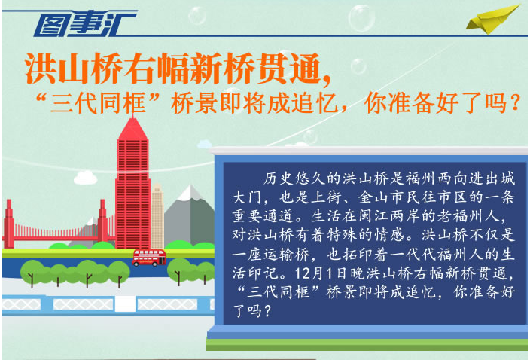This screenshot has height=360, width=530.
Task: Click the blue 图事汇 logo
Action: pyautogui.click(x=84, y=23)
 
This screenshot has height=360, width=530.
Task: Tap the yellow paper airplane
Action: pyautogui.click(x=492, y=20)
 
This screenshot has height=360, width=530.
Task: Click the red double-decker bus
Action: pyautogui.click(x=149, y=258)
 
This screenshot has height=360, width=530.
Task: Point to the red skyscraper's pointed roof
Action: pyautogui.click(x=132, y=130)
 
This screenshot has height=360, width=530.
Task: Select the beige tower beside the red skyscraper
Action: pyautogui.click(x=157, y=215)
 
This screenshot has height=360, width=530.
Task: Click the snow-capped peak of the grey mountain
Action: pyautogui.click(x=191, y=193)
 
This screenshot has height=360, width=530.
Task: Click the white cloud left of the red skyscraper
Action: pyautogui.click(x=86, y=178)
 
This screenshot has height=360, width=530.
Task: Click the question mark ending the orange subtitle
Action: pyautogui.click(x=515, y=102)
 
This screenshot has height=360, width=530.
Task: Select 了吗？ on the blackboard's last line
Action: pyautogui.click(x=252, y=310)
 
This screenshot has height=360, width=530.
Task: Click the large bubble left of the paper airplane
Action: pyautogui.click(x=361, y=18)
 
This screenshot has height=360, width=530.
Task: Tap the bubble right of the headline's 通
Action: pyautogui.click(x=358, y=66)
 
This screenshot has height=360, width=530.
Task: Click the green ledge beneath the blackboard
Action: pyautogui.click(x=367, y=344)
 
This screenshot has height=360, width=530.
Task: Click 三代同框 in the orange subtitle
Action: pyautogui.click(x=98, y=102)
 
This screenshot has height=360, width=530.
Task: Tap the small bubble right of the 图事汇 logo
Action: pyautogui.click(x=197, y=16)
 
